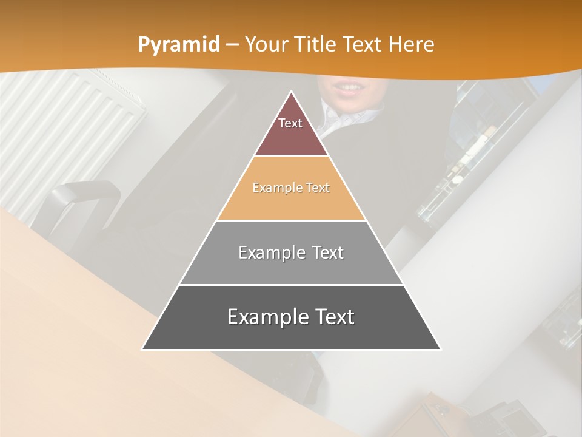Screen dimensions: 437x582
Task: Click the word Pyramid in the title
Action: coord(178,45)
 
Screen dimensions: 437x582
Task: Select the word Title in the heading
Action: coord(319,45)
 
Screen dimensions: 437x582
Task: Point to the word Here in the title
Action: coord(412,45)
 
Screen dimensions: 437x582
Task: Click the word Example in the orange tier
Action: coord(276,188)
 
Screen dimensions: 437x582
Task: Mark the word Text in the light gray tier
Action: coord(324,252)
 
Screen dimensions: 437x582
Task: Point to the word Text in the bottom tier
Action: coord(335,317)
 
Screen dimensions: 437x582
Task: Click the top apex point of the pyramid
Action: coord(292,92)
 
